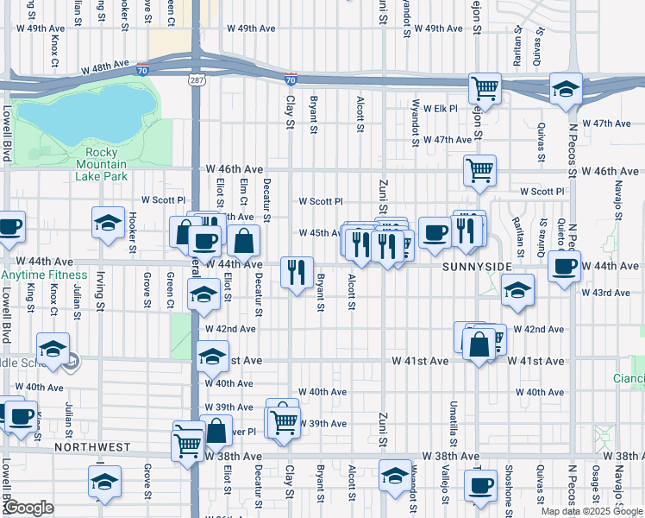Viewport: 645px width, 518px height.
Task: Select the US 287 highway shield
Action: coord(197,79)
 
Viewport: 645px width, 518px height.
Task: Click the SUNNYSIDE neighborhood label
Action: coord(477,268)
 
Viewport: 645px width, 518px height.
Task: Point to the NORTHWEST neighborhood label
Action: coord(92,448)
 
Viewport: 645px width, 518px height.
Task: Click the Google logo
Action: coord(28,508)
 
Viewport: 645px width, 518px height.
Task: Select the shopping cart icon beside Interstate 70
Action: coord(485,87)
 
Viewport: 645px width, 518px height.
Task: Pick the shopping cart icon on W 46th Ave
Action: coord(479,169)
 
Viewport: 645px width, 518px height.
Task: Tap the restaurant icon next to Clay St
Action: coord(297,272)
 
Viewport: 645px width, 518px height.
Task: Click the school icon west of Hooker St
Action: coord(108,222)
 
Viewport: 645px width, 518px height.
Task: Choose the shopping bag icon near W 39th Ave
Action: coord(216,429)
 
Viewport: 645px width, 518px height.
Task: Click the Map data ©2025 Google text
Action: coord(591,511)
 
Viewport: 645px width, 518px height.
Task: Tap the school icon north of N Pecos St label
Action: coord(567,88)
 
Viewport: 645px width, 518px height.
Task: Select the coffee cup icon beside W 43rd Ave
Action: coord(564,267)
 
